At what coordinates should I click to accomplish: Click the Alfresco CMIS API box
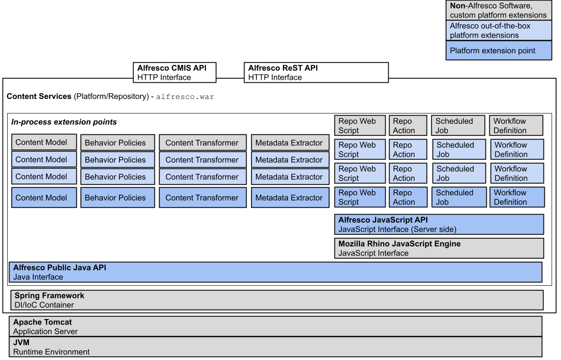click(174, 73)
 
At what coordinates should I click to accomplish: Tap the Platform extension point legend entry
click(499, 50)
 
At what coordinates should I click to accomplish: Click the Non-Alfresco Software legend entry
click(499, 11)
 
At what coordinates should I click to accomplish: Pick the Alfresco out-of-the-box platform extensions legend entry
click(499, 30)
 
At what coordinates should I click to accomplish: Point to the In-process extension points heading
click(64, 122)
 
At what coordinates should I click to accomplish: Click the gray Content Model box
click(44, 142)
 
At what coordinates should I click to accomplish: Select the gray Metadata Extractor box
click(290, 142)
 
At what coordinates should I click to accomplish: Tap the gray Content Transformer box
click(203, 142)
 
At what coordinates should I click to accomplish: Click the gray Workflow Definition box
click(516, 125)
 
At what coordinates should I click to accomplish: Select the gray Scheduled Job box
click(458, 125)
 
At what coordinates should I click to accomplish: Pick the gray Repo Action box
click(407, 125)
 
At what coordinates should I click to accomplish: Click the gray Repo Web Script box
click(360, 125)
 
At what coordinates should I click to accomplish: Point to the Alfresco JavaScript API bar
click(439, 224)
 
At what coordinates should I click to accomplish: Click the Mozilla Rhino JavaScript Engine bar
click(439, 248)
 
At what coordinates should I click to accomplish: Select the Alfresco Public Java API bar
click(275, 272)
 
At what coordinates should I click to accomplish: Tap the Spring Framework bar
click(276, 300)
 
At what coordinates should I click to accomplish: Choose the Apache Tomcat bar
click(275, 326)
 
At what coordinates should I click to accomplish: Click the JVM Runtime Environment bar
click(275, 346)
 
